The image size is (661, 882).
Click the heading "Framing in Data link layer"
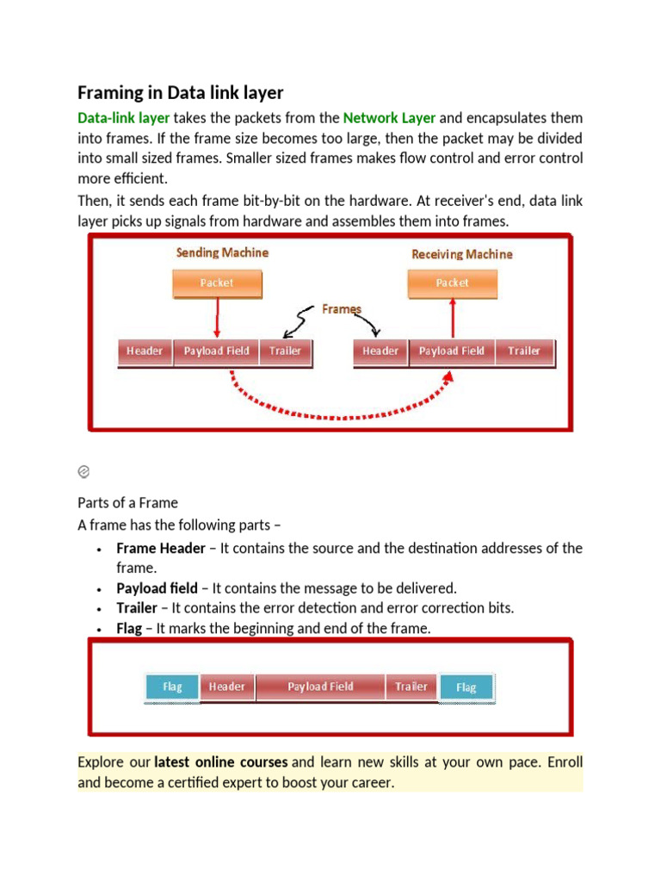[180, 92]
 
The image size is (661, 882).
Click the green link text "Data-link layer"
[123, 118]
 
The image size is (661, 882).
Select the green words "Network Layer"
[389, 118]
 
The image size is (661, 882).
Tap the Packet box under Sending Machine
[216, 283]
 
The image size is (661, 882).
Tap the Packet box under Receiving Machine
[452, 283]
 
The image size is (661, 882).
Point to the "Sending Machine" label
[222, 252]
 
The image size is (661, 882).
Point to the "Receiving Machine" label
[462, 254]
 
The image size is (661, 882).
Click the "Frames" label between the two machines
[342, 308]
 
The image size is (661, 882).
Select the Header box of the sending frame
[145, 351]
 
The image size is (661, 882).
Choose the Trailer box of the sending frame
[285, 351]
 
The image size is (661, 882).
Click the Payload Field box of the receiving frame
[451, 351]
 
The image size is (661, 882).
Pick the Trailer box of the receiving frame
[523, 351]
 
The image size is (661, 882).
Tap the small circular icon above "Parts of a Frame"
[84, 471]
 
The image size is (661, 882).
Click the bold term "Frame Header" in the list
[161, 549]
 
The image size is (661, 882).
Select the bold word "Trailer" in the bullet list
[136, 608]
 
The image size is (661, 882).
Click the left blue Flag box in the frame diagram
[172, 687]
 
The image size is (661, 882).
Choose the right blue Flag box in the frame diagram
[466, 687]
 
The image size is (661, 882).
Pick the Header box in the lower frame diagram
[227, 686]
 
